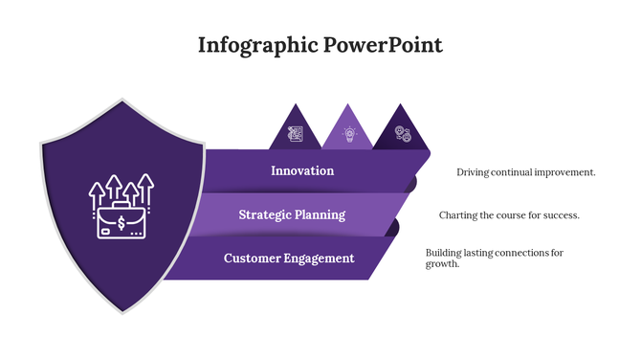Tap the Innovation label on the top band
tap(302, 170)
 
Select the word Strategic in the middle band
tap(266, 214)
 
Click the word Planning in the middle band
tap(321, 214)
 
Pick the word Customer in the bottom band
tap(253, 259)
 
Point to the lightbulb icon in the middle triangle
tap(348, 135)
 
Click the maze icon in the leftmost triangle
tap(296, 135)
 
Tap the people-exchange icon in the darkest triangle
tap(403, 135)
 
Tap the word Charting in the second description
tap(458, 215)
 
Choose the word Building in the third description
tap(445, 253)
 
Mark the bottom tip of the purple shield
tap(122, 311)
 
